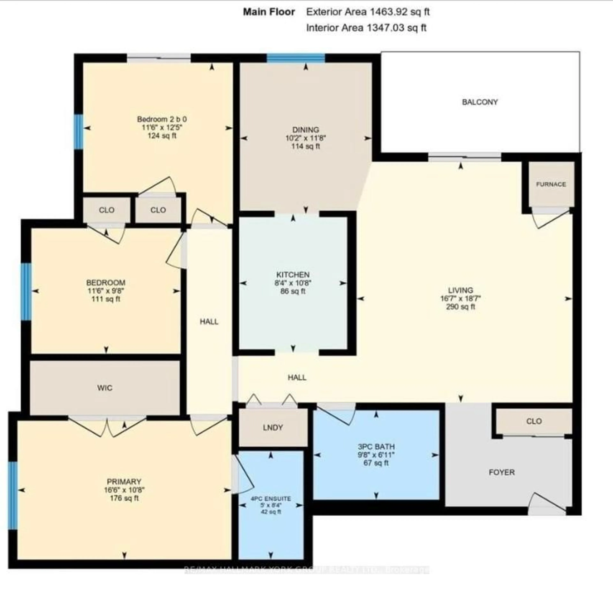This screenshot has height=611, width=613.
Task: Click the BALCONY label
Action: (480, 102)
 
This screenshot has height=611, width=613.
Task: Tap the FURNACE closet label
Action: (551, 184)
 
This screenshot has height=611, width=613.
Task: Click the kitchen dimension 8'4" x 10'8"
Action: (293, 283)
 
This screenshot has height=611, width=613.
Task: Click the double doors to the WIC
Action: (107, 426)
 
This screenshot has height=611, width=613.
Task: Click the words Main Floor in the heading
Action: (269, 12)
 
